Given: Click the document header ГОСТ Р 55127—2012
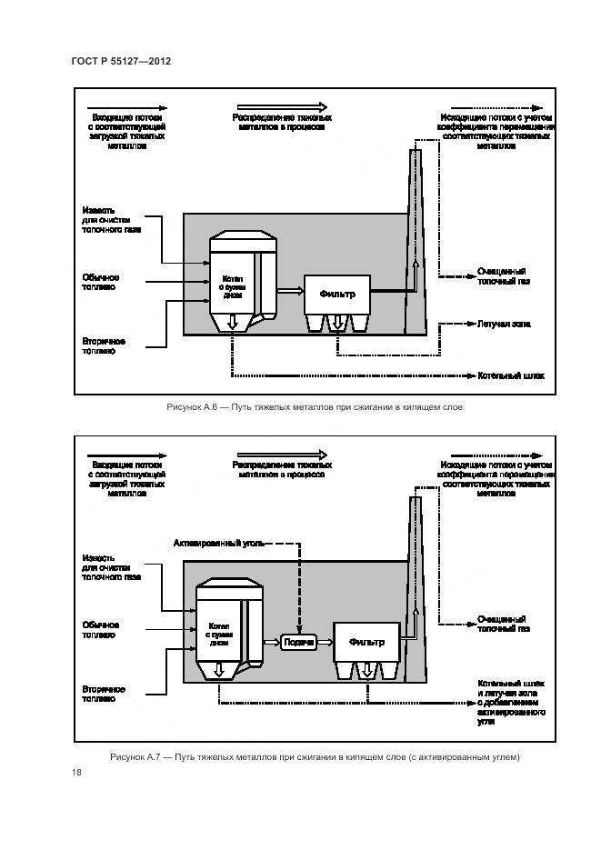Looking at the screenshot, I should click(x=121, y=60).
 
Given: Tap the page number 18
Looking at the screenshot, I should click(x=76, y=774).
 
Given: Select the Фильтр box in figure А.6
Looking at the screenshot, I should click(x=337, y=293).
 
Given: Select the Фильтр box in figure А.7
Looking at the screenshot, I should click(x=365, y=641).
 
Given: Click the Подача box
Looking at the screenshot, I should click(x=299, y=642).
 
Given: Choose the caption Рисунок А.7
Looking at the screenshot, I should click(x=314, y=757).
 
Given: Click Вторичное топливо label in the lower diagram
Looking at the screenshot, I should click(x=103, y=695).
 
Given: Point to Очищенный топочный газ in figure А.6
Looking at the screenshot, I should click(x=503, y=276).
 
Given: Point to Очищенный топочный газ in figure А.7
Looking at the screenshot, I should click(x=503, y=624).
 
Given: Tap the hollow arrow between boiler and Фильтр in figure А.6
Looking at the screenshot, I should click(x=289, y=291).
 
